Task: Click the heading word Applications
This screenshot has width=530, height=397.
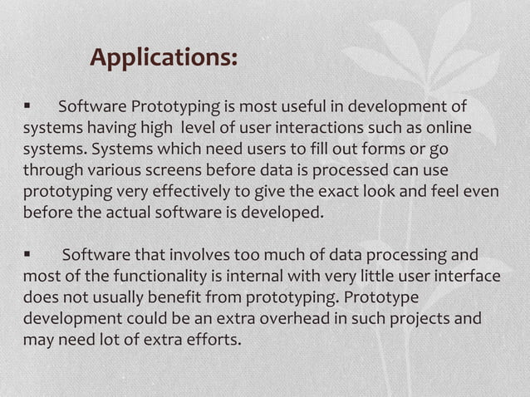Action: tap(164, 58)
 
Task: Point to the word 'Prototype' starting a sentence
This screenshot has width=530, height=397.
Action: tap(381, 297)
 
